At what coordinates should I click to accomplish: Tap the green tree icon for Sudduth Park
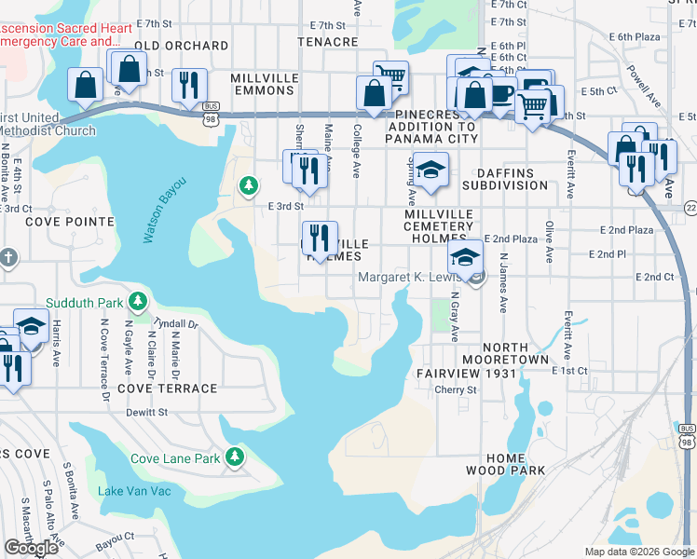(x=138, y=301)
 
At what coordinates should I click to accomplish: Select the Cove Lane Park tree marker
(x=237, y=457)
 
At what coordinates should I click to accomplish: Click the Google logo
(x=31, y=548)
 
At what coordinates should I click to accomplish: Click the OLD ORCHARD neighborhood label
(x=181, y=45)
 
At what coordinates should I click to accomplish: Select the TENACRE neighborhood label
(x=327, y=42)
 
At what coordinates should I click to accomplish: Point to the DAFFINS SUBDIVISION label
(x=499, y=179)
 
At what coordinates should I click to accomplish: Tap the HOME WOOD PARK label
(x=516, y=464)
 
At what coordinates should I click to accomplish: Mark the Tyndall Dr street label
(x=176, y=323)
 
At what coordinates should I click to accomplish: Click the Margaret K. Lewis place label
(x=412, y=278)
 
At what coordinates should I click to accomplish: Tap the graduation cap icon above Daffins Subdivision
(x=431, y=170)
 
